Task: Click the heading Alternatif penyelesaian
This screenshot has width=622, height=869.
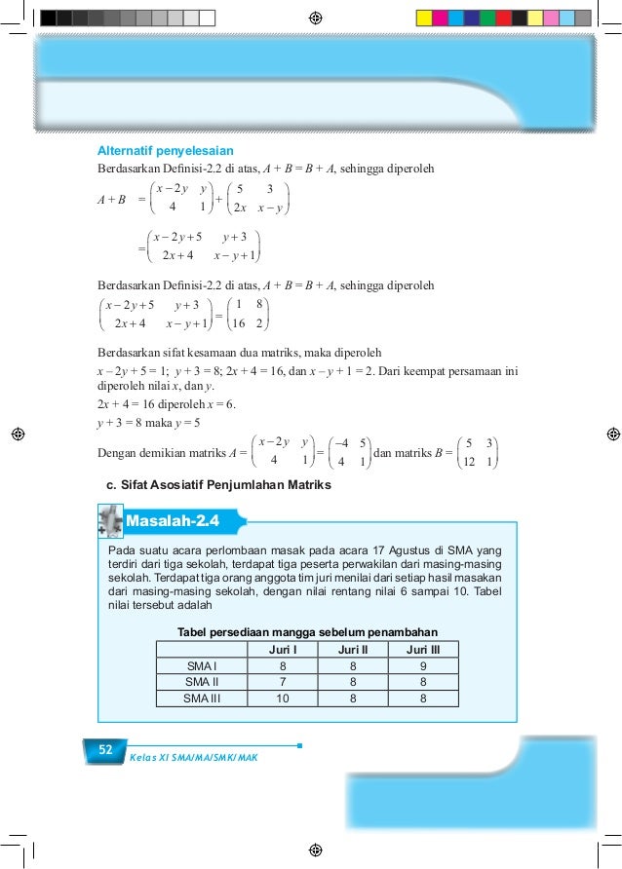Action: [165, 151]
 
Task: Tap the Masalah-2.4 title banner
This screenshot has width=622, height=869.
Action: [173, 521]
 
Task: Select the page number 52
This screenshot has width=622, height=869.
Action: [103, 749]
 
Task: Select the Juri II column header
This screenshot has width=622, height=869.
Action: [352, 649]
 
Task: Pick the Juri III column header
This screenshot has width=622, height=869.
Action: [422, 649]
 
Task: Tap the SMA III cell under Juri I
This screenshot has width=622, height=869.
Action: [283, 698]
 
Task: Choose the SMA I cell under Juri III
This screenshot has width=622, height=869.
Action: [422, 665]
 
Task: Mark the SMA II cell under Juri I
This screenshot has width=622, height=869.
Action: [283, 681]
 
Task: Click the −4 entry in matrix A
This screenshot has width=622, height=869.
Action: [340, 443]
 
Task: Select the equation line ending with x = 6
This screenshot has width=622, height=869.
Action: [165, 405]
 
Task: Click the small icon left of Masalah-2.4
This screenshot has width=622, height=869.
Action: [110, 520]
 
